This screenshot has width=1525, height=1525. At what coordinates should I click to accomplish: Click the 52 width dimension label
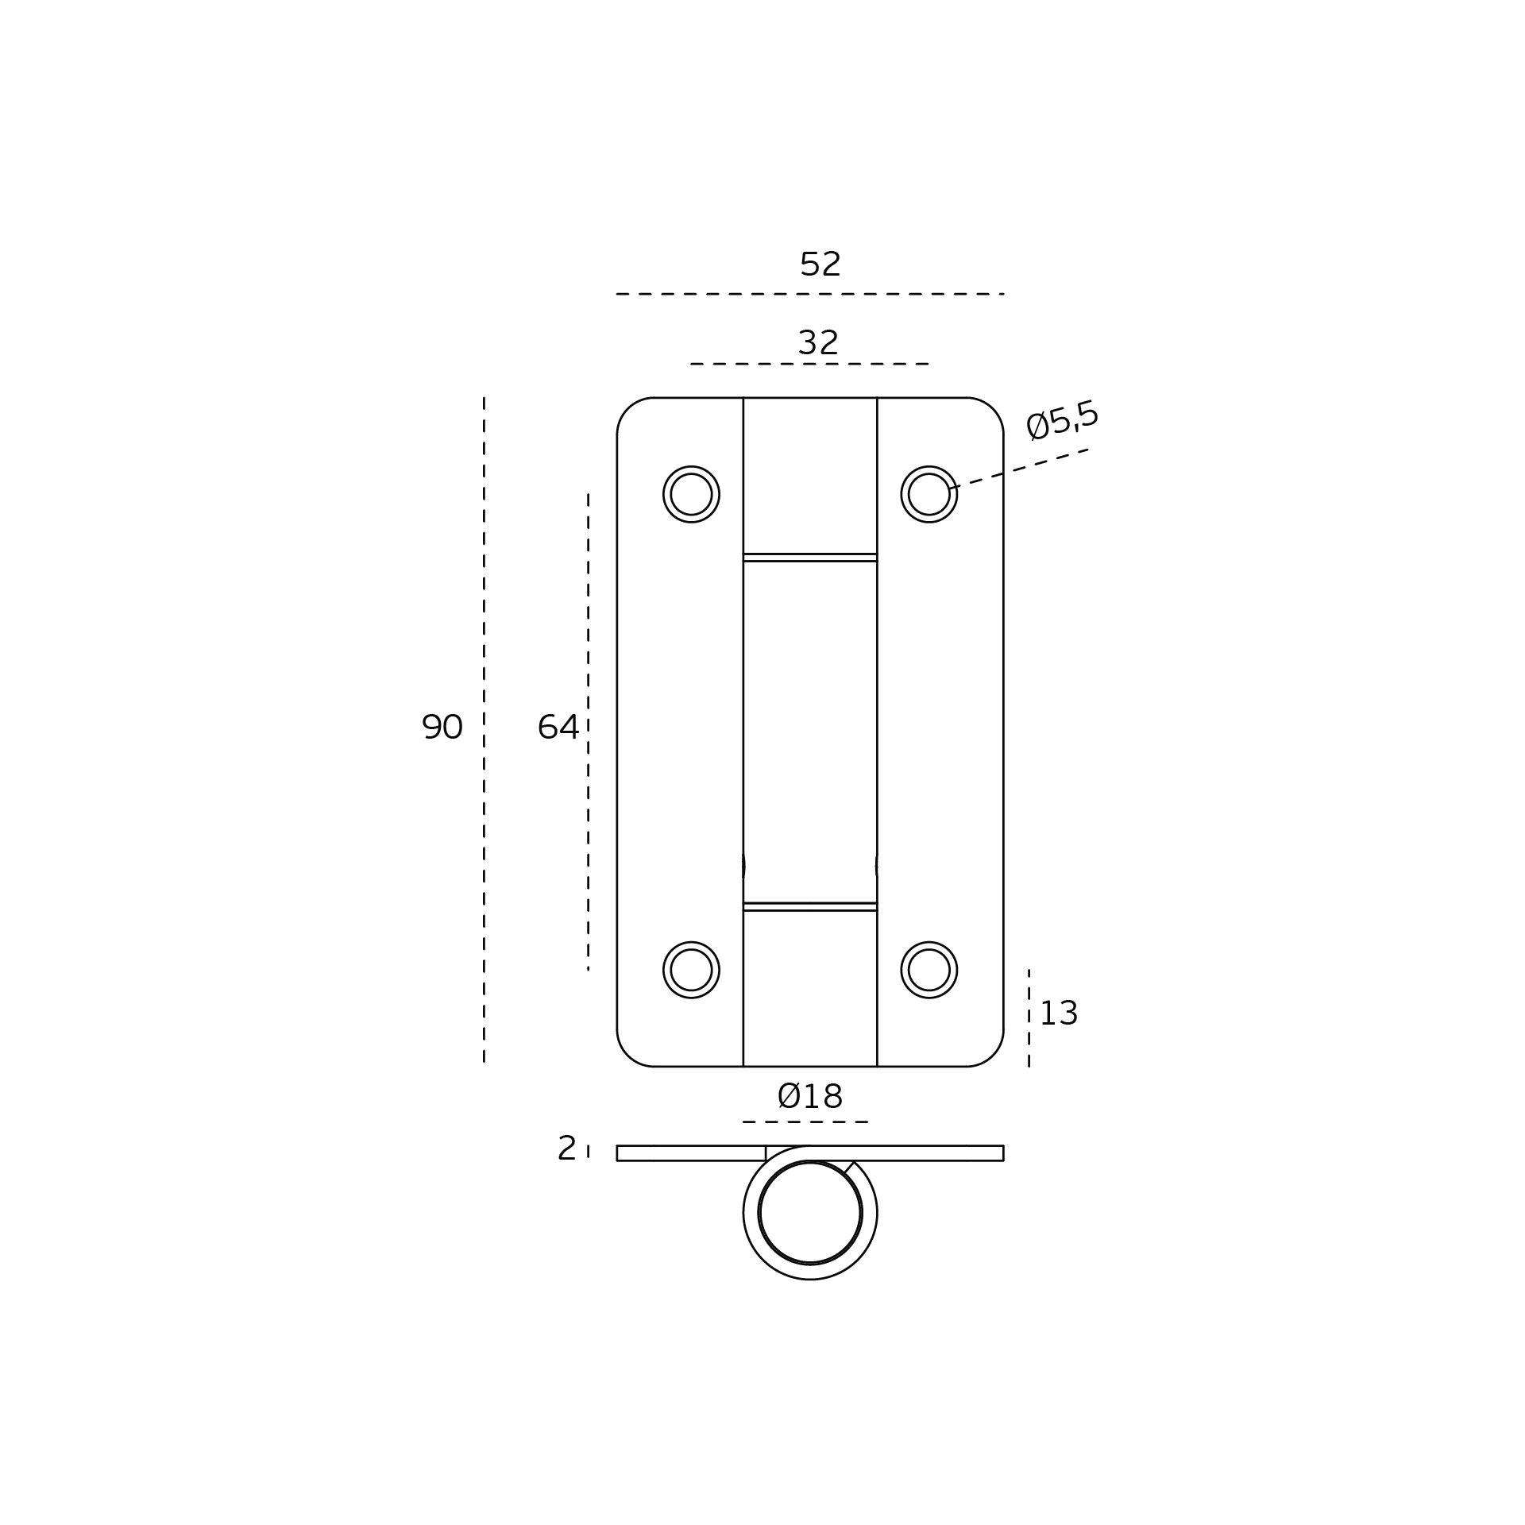[x=820, y=264]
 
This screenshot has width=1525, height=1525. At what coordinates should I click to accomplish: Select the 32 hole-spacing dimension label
[x=818, y=343]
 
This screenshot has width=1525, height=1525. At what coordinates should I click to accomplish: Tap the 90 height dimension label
[x=442, y=727]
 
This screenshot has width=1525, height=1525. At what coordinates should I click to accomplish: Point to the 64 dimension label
[x=558, y=727]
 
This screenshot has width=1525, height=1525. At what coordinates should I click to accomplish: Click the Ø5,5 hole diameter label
[x=1062, y=419]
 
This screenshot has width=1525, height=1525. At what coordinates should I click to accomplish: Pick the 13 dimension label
[x=1058, y=1013]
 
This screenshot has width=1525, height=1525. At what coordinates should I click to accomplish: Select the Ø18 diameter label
[x=809, y=1097]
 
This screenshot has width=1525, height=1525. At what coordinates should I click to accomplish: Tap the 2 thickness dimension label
[x=566, y=1149]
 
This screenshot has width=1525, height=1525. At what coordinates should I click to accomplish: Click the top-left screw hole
[x=691, y=494]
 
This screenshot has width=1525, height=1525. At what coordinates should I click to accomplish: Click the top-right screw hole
[x=929, y=494]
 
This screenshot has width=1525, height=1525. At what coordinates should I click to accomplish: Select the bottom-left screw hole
[x=691, y=970]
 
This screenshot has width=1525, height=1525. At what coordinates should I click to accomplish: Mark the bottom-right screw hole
[x=929, y=970]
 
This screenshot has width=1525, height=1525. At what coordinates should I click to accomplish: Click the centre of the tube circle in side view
[x=810, y=1213]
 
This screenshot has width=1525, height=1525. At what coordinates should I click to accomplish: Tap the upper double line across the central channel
[x=810, y=558]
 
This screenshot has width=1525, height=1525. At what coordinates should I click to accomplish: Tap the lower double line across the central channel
[x=810, y=906]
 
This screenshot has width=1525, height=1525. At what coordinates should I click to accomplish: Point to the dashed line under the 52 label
[x=810, y=294]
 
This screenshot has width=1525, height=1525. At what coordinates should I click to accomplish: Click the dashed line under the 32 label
[x=809, y=364]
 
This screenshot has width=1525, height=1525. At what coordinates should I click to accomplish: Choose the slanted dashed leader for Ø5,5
[x=1018, y=469]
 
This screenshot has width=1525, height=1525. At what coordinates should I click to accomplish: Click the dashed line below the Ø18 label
[x=805, y=1122]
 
